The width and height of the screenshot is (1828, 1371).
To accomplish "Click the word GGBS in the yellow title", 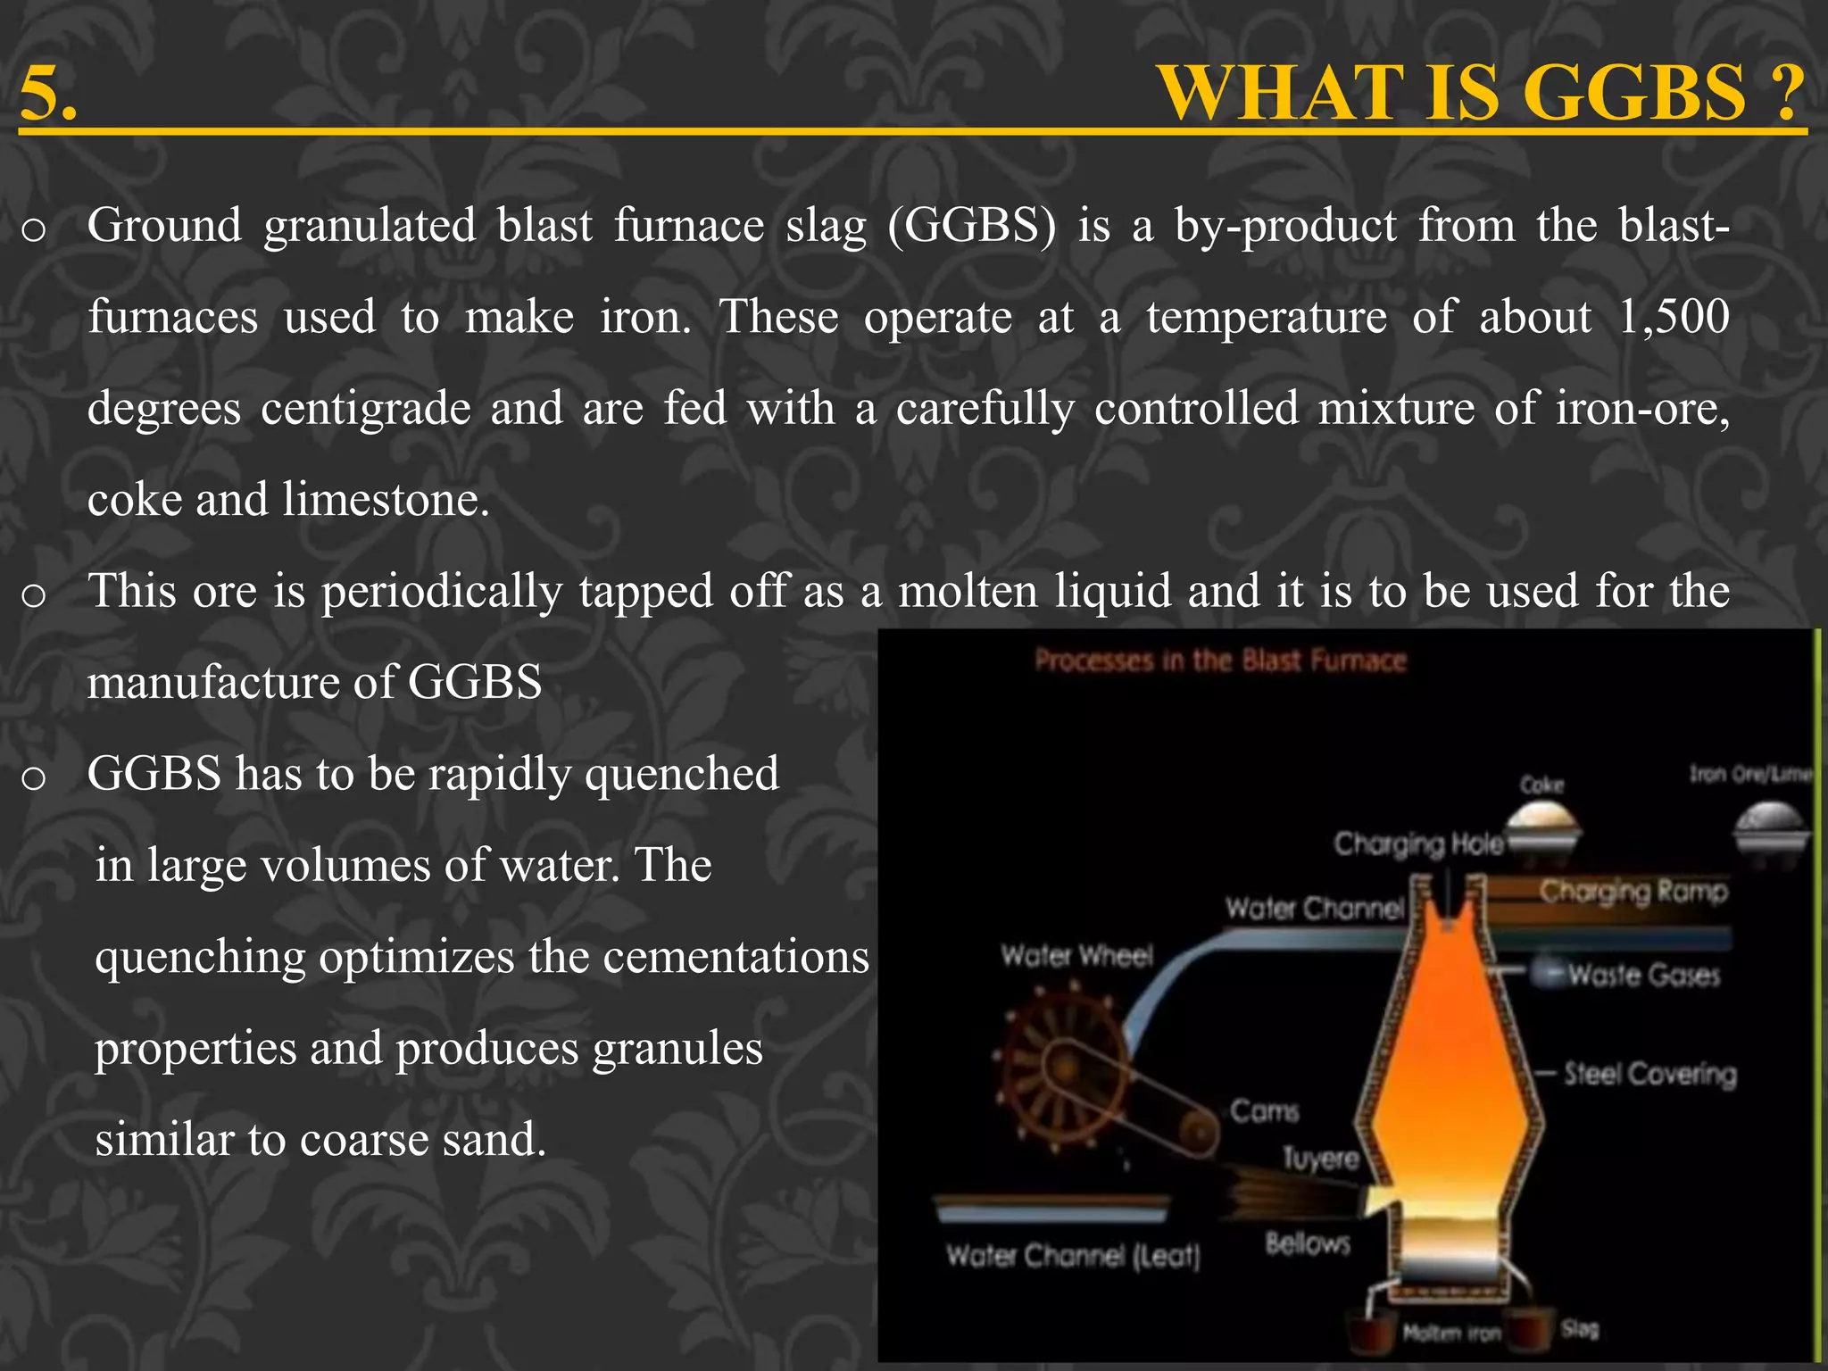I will (1633, 93).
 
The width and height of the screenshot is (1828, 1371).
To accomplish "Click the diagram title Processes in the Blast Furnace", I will (1220, 661).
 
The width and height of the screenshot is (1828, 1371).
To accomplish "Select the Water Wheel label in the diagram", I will (1076, 956).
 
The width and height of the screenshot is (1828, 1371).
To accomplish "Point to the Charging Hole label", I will (1417, 843).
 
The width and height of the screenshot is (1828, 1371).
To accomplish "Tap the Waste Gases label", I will (1643, 975).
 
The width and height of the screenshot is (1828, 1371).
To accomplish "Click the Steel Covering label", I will (1649, 1074).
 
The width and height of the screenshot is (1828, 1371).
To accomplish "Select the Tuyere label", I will (1320, 1159).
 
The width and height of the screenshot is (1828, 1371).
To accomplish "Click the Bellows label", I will (1308, 1243).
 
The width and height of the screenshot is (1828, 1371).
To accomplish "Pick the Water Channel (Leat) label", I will (1073, 1256).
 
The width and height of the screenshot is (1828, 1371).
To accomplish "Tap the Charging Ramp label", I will (1633, 891).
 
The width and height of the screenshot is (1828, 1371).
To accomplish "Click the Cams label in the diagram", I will (1264, 1111).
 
